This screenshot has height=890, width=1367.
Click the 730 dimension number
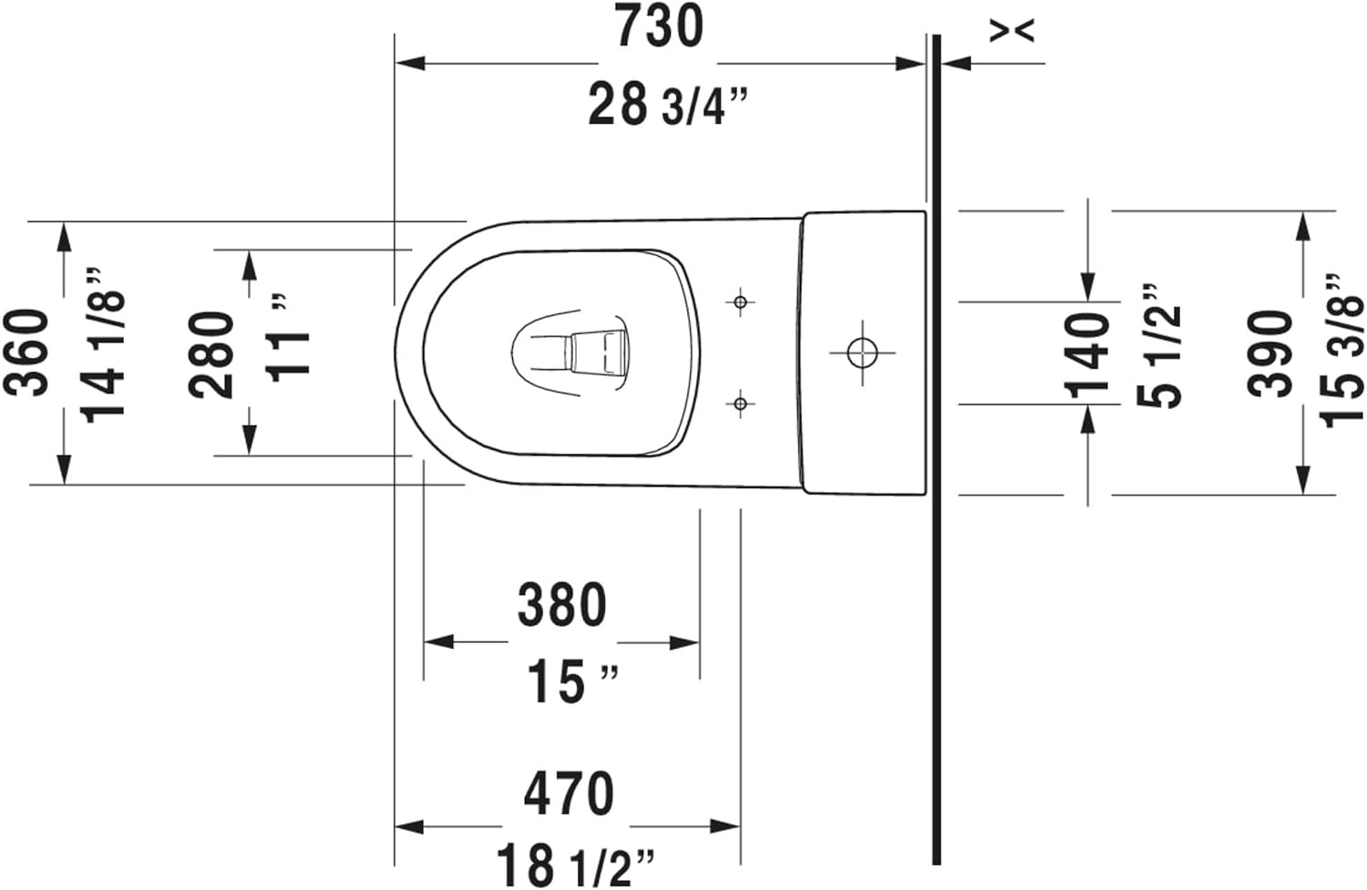point(660,26)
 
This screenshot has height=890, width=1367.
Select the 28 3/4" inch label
point(668,106)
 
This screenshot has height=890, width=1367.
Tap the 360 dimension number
point(26,353)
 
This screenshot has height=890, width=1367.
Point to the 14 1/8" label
point(103,345)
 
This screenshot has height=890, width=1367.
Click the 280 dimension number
point(211,355)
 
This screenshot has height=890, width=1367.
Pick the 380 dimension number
point(562,605)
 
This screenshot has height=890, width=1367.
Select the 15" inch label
point(572,682)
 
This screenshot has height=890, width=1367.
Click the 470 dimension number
point(569,793)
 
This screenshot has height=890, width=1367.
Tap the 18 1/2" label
point(575,865)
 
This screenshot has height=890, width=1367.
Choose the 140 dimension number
point(1087,356)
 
